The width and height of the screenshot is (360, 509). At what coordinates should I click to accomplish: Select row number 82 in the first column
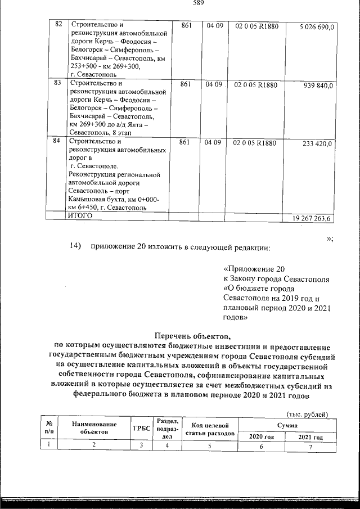(57, 25)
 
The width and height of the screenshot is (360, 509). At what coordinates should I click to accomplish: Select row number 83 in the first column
(57, 83)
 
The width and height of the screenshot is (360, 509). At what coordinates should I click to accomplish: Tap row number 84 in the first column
(57, 142)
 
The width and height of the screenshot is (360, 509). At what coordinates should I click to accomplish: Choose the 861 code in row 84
(185, 143)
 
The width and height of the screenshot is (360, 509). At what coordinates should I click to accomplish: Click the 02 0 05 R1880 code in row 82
(256, 26)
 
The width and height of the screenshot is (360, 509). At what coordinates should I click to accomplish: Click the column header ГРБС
(142, 428)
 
